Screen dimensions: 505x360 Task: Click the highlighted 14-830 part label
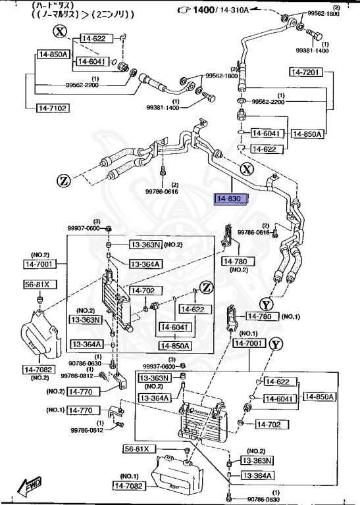[x=230, y=199]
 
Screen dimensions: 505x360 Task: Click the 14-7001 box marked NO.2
[x=41, y=264]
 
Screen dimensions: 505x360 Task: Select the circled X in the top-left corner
[x=60, y=32]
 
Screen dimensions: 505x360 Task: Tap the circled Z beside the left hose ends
[x=63, y=180]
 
